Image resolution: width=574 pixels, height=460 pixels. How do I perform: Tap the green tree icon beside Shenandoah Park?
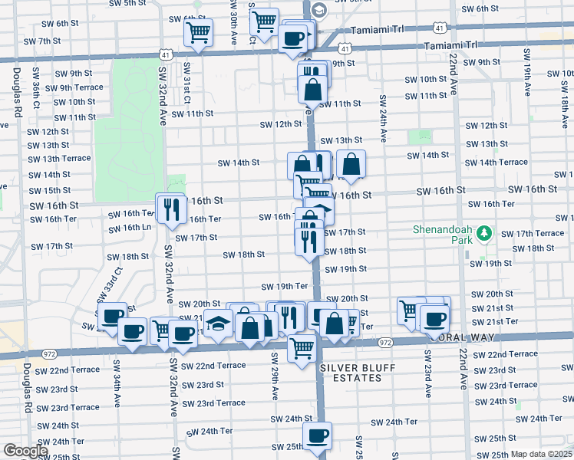point(483,232)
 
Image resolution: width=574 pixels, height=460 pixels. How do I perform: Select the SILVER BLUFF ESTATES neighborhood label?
point(351,373)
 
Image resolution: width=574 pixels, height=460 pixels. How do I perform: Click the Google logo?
point(25,451)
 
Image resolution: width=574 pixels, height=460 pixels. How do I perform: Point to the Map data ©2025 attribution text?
point(542,454)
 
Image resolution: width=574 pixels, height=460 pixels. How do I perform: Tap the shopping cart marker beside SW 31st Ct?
point(197,33)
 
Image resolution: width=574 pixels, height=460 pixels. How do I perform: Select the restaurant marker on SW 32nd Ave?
point(170,207)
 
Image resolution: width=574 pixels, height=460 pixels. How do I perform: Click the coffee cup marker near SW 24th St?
point(316,436)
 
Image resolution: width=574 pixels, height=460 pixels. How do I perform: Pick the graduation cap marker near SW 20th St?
point(218,323)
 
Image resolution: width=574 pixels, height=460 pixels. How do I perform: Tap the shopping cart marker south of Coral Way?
point(302,347)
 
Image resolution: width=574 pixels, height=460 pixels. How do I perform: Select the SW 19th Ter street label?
point(285,286)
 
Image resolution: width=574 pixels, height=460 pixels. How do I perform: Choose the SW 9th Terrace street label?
point(79,87)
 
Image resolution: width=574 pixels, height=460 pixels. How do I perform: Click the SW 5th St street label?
point(127,4)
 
